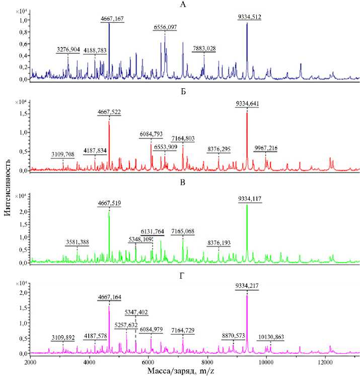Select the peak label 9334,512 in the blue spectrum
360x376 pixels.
click(249, 17)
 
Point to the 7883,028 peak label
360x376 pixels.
click(204, 48)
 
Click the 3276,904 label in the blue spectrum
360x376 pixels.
click(68, 50)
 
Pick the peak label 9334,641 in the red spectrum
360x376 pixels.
click(247, 104)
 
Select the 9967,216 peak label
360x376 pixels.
click(265, 148)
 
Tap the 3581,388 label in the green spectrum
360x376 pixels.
click(77, 242)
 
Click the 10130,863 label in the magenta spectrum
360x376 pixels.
click(271, 337)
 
